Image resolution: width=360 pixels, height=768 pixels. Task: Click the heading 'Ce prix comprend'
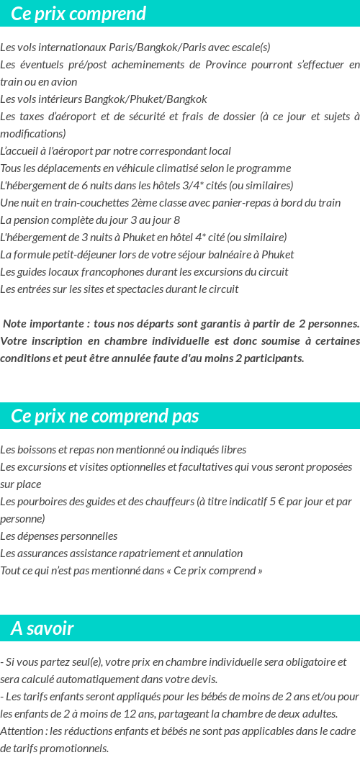pyautogui.click(x=78, y=14)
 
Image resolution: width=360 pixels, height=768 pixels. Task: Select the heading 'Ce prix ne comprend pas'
pyautogui.click(x=105, y=416)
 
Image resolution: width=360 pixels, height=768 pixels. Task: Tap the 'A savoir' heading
pyautogui.click(x=42, y=628)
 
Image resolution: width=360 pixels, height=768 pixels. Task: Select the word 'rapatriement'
pyautogui.click(x=140, y=554)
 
